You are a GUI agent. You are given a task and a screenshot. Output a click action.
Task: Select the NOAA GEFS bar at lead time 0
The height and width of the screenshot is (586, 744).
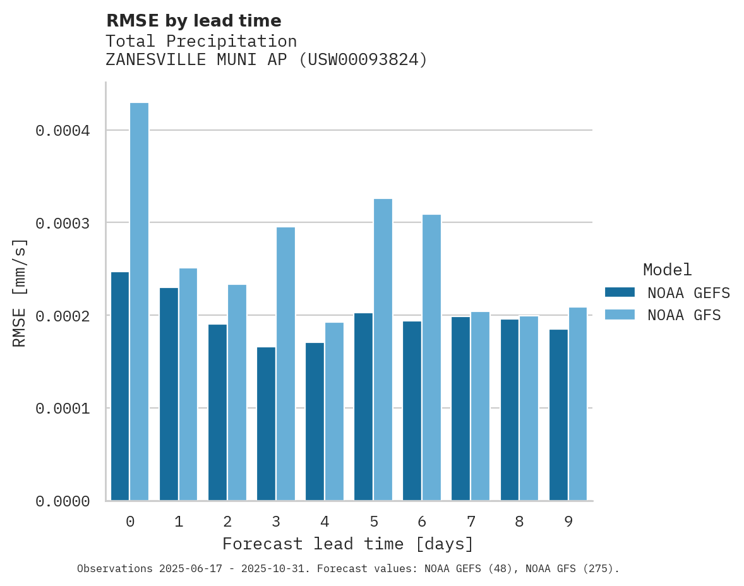point(120,386)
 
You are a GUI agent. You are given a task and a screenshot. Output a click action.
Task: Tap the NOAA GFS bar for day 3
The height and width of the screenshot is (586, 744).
point(285,364)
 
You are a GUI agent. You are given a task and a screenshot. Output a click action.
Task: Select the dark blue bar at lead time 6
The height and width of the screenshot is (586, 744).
point(412,410)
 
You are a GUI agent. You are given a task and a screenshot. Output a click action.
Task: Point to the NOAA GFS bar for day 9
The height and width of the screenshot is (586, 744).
point(577,404)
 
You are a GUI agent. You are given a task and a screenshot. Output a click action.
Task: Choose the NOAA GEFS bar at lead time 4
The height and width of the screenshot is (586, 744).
point(315,421)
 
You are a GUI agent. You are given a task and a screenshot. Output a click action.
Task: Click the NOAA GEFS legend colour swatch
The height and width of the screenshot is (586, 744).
point(620,292)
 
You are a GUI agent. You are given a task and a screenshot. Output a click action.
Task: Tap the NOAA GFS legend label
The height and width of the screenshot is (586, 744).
point(683,315)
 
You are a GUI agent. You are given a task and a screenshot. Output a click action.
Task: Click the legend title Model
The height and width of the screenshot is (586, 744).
point(667,270)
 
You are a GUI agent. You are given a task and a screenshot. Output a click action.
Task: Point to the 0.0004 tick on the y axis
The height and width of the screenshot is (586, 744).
point(63,131)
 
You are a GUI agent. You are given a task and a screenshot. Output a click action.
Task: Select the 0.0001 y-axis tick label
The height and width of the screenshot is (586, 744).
point(63,409)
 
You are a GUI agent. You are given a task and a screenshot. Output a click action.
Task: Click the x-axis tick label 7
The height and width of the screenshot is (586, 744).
point(471,522)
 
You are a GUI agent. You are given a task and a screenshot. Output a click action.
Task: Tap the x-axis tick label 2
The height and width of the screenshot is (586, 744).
point(227,522)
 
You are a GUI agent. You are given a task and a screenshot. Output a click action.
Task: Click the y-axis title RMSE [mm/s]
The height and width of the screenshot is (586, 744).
point(20,292)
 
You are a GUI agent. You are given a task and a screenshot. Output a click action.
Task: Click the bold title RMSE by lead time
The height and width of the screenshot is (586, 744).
point(193,21)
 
